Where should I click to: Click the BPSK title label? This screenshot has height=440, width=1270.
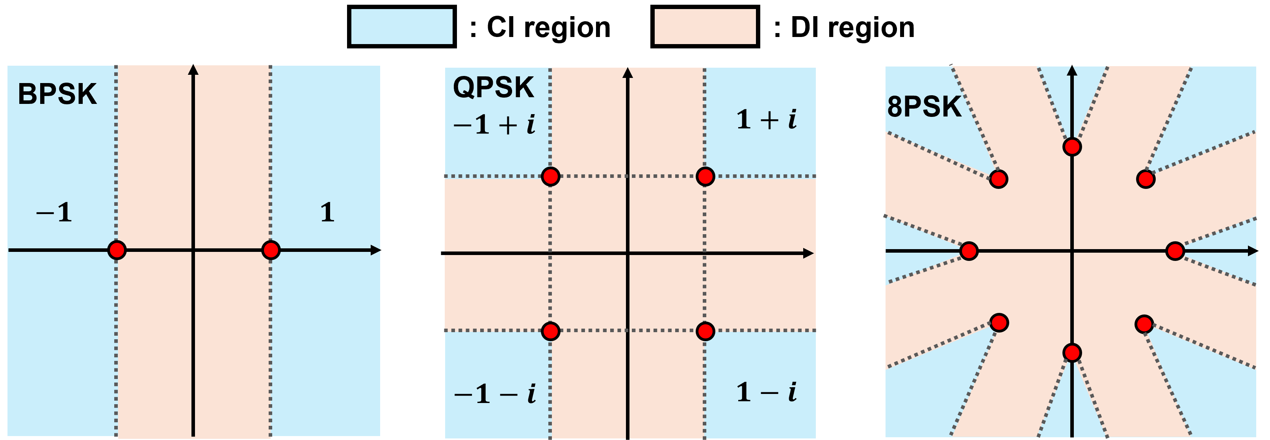pyautogui.click(x=57, y=94)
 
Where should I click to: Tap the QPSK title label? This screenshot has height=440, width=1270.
pyautogui.click(x=494, y=88)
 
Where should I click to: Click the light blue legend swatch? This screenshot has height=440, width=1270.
pyautogui.click(x=401, y=27)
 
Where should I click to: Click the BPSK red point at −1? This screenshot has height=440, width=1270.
pyautogui.click(x=117, y=250)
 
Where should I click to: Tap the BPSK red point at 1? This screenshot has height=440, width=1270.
pyautogui.click(x=271, y=250)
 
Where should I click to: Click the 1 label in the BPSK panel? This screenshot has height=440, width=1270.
pyautogui.click(x=327, y=213)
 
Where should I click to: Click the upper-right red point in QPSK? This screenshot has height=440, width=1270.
pyautogui.click(x=705, y=176)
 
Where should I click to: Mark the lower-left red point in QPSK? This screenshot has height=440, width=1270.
pyautogui.click(x=550, y=331)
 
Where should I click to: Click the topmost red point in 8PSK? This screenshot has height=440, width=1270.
pyautogui.click(x=1072, y=147)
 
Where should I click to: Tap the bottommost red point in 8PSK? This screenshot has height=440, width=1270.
pyautogui.click(x=1072, y=353)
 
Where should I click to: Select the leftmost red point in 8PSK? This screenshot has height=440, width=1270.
pyautogui.click(x=969, y=251)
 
